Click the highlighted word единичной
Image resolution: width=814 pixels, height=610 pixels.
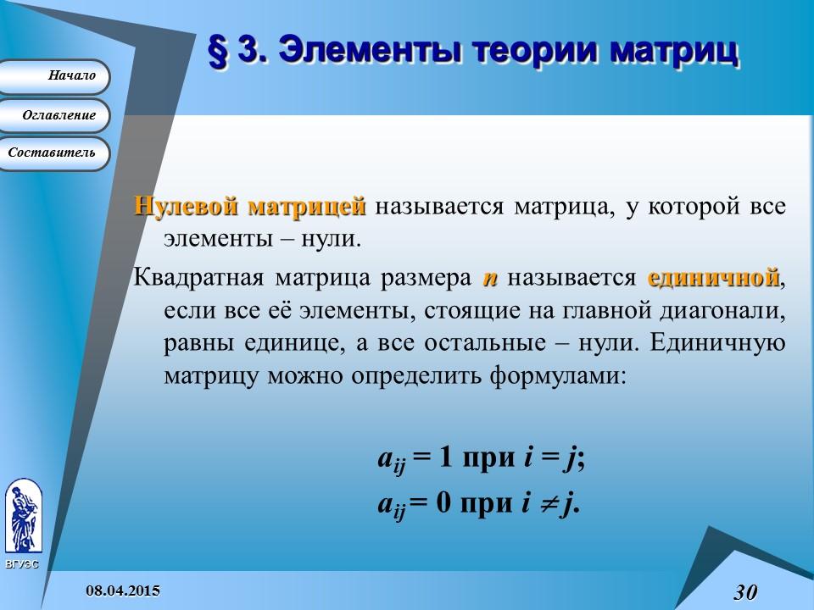tap(713, 278)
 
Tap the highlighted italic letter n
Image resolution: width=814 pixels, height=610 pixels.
tap(490, 279)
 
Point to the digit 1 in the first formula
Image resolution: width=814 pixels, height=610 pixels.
tap(446, 458)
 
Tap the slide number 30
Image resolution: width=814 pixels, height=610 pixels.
tap(744, 591)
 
